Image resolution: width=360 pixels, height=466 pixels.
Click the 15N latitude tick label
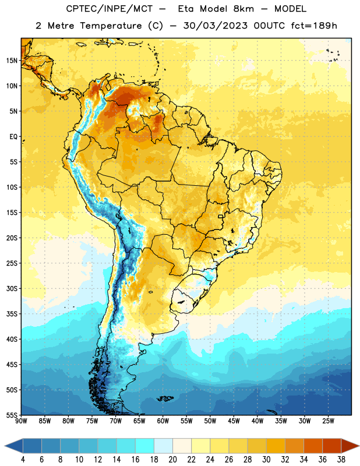point(12,61)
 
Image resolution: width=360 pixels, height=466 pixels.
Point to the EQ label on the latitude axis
point(13,137)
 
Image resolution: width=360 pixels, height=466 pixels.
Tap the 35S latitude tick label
point(12,314)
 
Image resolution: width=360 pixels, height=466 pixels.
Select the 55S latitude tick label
point(12,415)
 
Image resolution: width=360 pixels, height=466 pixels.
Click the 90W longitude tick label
point(21,421)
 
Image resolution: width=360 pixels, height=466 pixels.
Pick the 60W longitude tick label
point(163,421)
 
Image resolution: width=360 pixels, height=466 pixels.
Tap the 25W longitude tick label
point(328,421)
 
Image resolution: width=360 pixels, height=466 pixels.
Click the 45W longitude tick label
point(234,421)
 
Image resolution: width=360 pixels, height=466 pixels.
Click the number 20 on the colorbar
point(172,460)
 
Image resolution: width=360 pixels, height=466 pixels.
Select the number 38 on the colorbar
point(341,460)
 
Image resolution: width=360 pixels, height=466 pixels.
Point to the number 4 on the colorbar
point(23,460)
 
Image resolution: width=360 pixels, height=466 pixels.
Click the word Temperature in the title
point(111,26)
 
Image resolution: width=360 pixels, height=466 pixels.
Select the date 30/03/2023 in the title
point(215,26)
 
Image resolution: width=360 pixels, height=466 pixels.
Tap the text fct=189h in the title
point(314,26)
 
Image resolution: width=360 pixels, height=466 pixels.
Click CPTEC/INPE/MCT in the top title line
point(109,9)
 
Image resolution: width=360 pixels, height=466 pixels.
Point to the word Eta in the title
point(186,9)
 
